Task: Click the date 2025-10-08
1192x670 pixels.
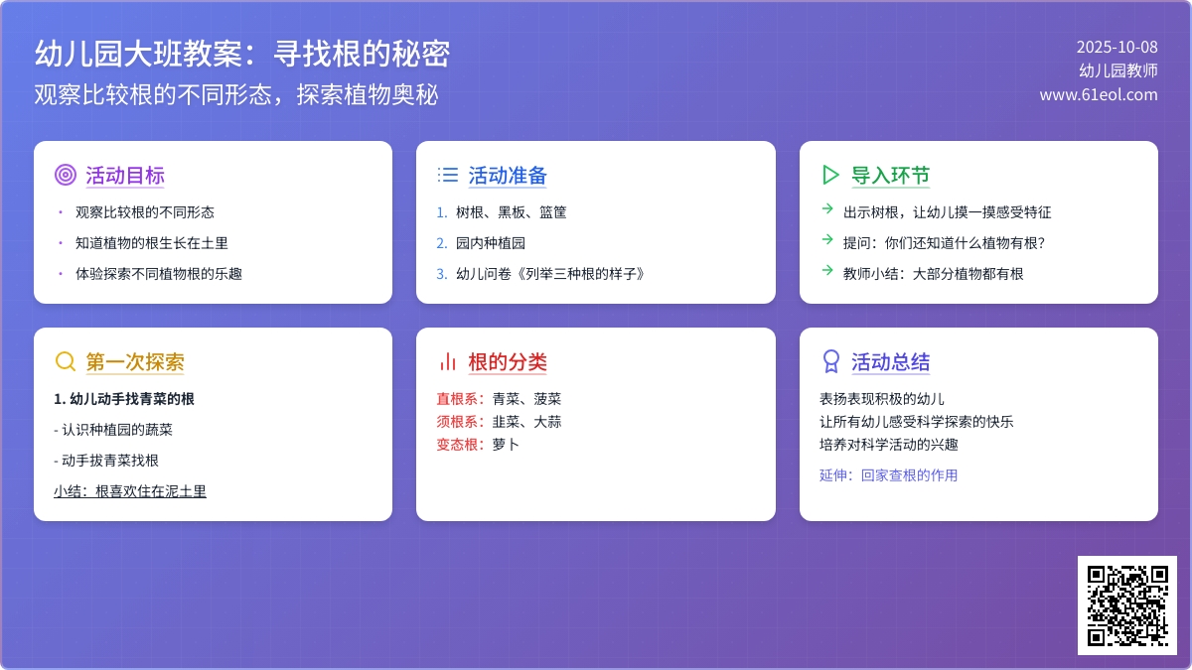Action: coord(1117,48)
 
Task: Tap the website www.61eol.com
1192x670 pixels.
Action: coord(1099,94)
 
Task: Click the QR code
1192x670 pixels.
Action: coord(1127,605)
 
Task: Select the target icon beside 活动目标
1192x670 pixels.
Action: coord(66,175)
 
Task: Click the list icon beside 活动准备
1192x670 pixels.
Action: coord(448,175)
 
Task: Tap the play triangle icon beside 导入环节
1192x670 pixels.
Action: coord(829,175)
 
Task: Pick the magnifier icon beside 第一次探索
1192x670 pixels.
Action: coord(66,361)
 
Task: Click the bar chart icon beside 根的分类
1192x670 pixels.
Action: coord(448,361)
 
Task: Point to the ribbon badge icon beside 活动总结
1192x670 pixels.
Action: coord(830,361)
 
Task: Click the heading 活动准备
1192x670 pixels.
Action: coord(508,176)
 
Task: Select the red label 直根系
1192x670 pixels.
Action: coord(457,399)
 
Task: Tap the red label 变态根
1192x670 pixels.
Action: coord(457,445)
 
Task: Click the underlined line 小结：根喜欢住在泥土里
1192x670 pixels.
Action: coord(130,491)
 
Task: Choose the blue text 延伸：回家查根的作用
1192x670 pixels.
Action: coord(888,475)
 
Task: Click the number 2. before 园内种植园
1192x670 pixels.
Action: coord(442,243)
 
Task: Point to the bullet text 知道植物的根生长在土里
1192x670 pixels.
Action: coord(152,243)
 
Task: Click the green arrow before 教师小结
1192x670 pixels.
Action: coord(826,270)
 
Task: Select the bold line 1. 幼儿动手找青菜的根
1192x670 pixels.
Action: coord(124,399)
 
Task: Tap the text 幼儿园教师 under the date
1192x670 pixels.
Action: coord(1118,70)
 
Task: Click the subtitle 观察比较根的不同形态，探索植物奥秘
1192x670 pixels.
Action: coord(236,95)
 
